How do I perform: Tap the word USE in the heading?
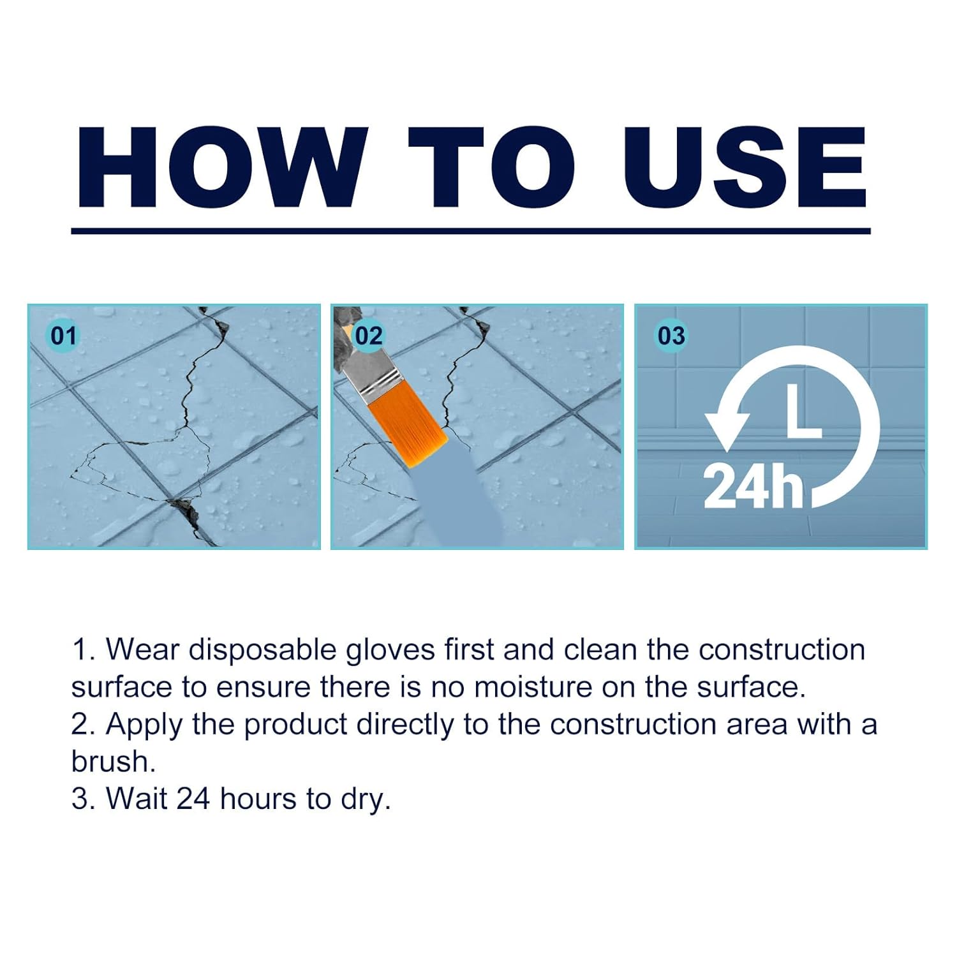tap(745, 167)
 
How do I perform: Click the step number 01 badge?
tap(63, 336)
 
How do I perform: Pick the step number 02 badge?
tap(368, 336)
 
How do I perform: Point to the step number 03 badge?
tap(671, 336)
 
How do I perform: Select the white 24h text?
tap(753, 486)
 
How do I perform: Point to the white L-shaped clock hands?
tap(802, 414)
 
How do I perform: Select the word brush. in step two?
tap(114, 761)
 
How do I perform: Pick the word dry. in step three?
tap(366, 799)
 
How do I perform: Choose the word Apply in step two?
tap(144, 725)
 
